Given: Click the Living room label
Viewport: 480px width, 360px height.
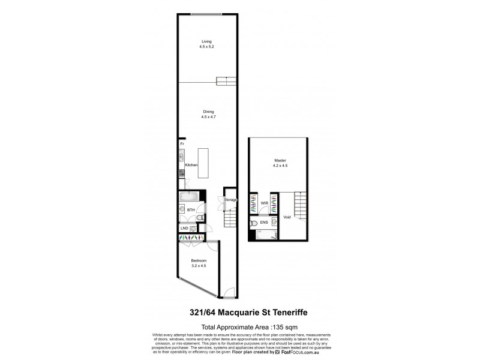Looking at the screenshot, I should (x=206, y=43).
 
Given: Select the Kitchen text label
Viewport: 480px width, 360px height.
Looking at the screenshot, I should (x=191, y=165).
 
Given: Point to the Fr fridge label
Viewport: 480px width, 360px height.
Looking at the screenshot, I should (x=182, y=143).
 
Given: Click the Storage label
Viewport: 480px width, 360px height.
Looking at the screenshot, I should (x=230, y=199).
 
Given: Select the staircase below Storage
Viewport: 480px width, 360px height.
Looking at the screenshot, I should (x=230, y=220).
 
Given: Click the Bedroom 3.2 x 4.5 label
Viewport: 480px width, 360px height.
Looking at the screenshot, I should (x=199, y=263).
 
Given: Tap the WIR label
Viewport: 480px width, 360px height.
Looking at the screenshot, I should (x=264, y=203).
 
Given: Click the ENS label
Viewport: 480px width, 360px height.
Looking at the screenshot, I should (x=264, y=222).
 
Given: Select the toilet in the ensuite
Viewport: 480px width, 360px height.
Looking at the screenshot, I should (x=254, y=223).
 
